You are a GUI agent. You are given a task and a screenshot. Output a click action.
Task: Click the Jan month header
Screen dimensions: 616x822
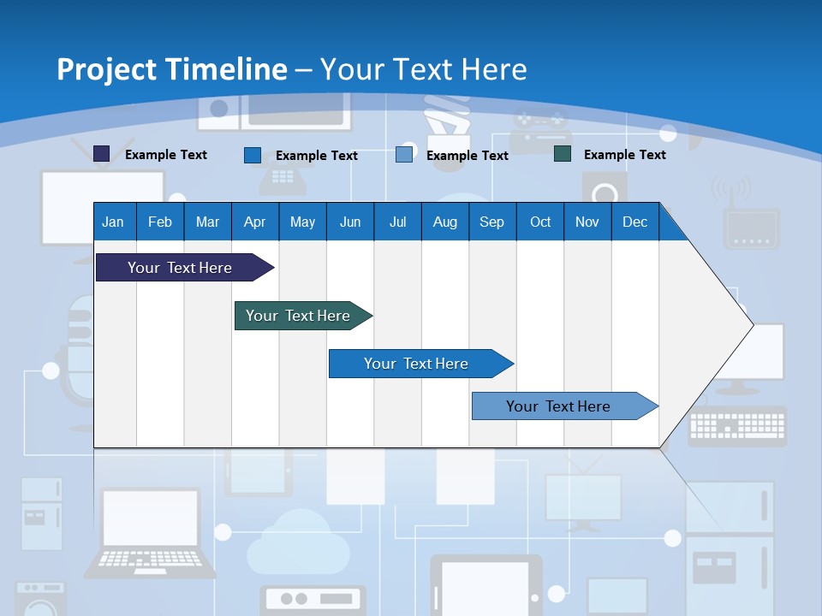[113, 222]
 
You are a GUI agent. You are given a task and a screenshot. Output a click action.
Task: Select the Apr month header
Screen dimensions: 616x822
[254, 222]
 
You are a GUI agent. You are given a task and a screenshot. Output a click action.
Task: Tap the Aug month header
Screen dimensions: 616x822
[444, 222]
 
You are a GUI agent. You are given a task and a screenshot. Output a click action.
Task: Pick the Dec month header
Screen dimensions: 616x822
[634, 222]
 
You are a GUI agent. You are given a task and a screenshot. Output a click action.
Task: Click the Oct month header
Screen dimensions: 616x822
[540, 222]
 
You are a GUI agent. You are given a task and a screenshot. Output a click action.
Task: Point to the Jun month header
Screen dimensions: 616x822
[350, 222]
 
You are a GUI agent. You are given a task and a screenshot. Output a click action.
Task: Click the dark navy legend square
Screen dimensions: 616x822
[102, 154]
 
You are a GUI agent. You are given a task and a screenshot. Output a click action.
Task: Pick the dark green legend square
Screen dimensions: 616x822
[563, 154]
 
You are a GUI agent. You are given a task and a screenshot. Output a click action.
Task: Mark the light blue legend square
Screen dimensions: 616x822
[404, 155]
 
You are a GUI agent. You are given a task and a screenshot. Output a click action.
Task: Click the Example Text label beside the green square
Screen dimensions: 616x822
[624, 155]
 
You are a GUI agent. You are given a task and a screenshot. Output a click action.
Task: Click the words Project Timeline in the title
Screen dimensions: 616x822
[172, 69]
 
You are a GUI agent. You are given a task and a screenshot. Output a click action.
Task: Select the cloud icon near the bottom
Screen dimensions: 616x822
[299, 544]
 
